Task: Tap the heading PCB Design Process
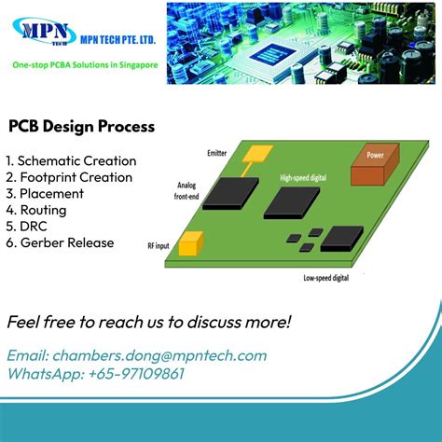coord(81,125)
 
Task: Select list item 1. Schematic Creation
coord(71,160)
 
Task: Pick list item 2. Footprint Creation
coord(69,177)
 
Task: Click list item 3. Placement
coord(45,193)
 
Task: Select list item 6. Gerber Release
coord(60,242)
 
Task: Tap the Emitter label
coord(217,152)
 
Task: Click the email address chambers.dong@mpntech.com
coord(137,355)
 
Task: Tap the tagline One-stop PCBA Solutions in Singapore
coord(84,66)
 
